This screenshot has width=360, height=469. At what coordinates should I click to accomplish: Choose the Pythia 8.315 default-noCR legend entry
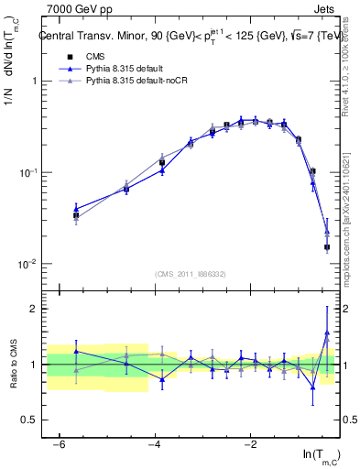[141, 82]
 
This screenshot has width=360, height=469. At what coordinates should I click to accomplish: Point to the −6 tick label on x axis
[58, 444]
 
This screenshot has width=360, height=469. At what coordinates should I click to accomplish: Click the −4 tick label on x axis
[154, 444]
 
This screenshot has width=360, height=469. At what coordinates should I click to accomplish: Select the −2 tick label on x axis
[250, 444]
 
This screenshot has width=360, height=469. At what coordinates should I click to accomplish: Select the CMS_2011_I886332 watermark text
[191, 274]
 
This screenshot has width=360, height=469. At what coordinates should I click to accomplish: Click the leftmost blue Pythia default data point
[76, 208]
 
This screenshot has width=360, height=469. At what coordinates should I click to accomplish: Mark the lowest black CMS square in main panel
[327, 246]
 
